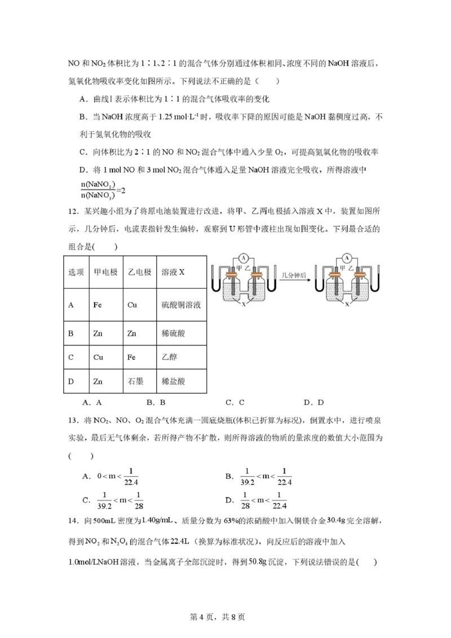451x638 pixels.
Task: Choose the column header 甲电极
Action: click(x=105, y=272)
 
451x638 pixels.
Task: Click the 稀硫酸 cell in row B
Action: click(x=173, y=333)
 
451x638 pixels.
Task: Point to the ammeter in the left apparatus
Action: click(x=244, y=258)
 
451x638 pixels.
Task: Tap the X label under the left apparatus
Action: click(x=244, y=303)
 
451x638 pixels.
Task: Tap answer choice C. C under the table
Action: click(x=235, y=402)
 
